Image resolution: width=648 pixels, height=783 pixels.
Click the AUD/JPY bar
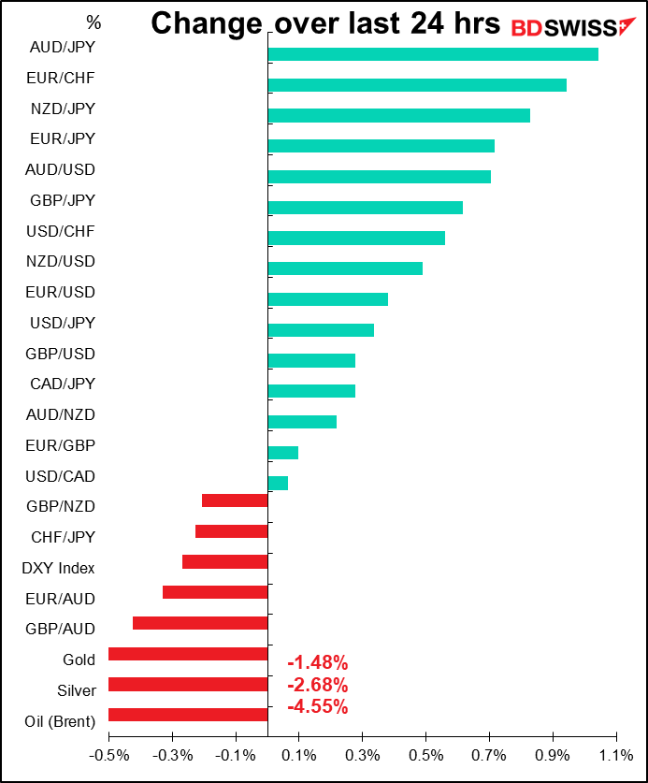[x=433, y=54]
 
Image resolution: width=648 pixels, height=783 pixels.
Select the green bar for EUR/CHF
[x=417, y=85]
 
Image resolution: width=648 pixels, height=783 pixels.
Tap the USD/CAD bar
[x=278, y=483]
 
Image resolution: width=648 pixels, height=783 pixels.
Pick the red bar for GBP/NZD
[x=235, y=500]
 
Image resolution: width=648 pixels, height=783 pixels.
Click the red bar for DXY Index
[x=225, y=562]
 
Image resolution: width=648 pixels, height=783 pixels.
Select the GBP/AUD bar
[x=201, y=623]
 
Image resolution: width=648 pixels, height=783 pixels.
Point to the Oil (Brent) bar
[x=188, y=715]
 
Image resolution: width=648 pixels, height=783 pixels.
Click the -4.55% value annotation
[x=318, y=707]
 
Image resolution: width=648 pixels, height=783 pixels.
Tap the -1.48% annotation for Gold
[x=318, y=662]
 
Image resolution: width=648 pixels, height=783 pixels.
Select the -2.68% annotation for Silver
[x=318, y=685]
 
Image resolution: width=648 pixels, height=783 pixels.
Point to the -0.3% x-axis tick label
[x=172, y=755]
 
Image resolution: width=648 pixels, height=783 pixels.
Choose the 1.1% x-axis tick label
[x=616, y=755]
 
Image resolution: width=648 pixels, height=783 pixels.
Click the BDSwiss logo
[x=573, y=27]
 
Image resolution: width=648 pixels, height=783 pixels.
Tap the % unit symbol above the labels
[x=94, y=22]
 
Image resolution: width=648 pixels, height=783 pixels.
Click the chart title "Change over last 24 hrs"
[x=325, y=23]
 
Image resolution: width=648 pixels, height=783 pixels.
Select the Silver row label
[x=77, y=690]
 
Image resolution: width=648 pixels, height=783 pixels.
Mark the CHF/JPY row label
[x=63, y=537]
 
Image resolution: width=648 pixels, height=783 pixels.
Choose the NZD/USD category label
[x=61, y=261]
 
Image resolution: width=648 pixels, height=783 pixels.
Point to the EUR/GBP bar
[x=283, y=453]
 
